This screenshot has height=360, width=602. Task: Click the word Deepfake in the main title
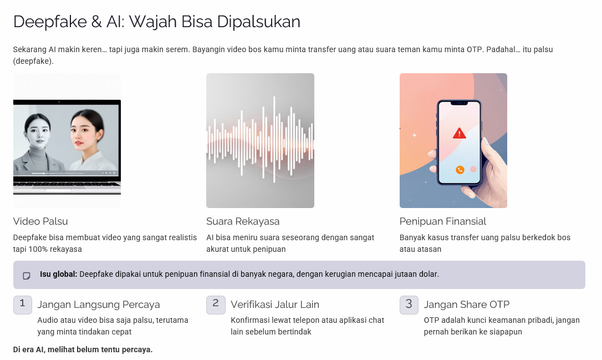click(50, 22)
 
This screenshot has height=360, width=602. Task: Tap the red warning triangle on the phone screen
click(459, 133)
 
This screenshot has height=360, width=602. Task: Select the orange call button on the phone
click(460, 169)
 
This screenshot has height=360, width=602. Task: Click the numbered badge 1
click(23, 305)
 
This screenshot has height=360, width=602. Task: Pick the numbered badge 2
click(216, 305)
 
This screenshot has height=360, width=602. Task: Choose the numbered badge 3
click(409, 305)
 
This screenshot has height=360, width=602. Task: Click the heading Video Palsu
click(40, 221)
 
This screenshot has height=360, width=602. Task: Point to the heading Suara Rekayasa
click(243, 221)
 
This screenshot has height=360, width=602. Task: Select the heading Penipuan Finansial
click(443, 221)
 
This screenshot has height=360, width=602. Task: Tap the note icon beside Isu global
click(27, 276)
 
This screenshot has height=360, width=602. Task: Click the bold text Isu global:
click(58, 275)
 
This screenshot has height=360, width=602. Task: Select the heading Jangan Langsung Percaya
click(99, 305)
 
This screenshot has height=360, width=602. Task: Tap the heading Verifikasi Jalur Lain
click(275, 305)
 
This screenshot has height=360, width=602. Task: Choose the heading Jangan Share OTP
click(467, 305)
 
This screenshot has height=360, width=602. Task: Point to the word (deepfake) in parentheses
click(33, 61)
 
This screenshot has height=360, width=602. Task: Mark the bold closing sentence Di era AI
click(83, 349)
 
